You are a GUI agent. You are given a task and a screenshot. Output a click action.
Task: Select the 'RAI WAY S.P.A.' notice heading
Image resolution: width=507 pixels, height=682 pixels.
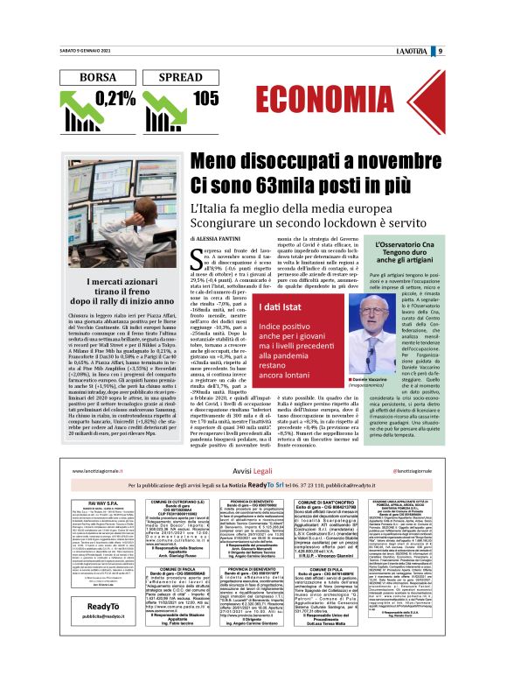[x=103, y=503]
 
